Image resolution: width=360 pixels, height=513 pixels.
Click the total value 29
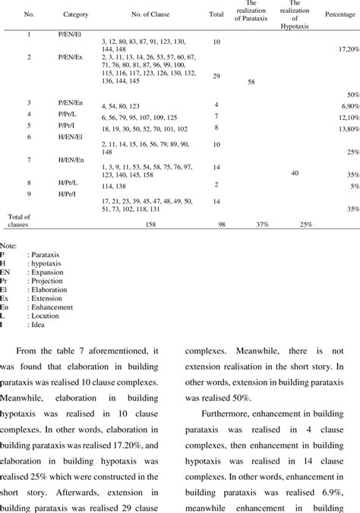[216, 77]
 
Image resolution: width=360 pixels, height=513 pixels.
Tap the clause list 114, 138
[112, 184]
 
